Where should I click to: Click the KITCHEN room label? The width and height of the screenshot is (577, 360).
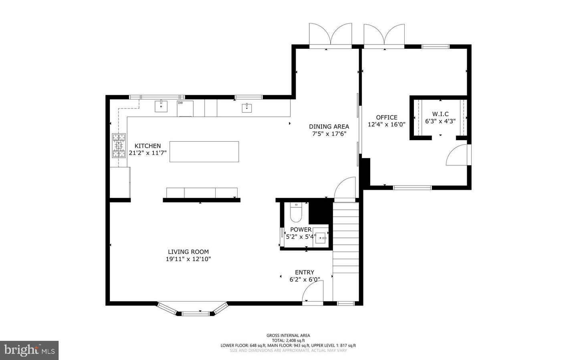(x=147, y=146)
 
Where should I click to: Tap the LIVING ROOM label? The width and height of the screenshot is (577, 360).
(x=188, y=252)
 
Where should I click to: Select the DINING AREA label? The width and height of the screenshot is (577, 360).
(x=329, y=127)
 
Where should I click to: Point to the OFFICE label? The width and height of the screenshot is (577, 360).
(x=387, y=117)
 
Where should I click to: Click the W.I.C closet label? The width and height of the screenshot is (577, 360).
(x=440, y=114)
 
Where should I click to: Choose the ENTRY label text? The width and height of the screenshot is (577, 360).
(x=305, y=272)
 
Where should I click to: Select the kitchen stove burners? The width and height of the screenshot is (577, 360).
(x=119, y=145)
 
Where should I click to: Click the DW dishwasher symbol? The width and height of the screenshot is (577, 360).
(x=185, y=108)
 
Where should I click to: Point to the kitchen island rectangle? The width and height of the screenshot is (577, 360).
(x=204, y=151)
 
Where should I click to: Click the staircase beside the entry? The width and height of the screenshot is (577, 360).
(x=346, y=248)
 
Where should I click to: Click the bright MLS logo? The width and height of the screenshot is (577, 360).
(x=29, y=350)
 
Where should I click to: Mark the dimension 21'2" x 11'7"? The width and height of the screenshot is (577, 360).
(x=147, y=153)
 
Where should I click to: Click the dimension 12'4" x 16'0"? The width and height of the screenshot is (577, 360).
(x=387, y=125)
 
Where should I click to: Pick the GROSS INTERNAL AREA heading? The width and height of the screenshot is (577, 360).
(x=288, y=336)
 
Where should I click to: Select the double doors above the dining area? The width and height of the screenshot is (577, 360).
(x=330, y=35)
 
